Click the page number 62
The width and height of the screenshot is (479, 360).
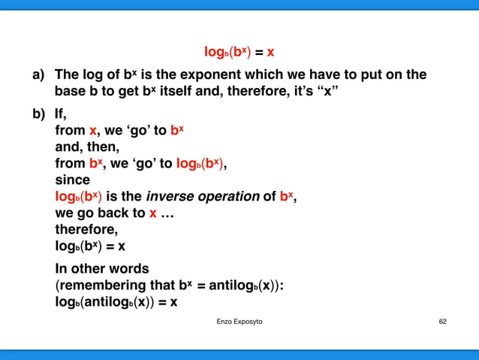[x=442, y=322]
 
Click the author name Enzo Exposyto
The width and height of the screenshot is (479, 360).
[x=239, y=322]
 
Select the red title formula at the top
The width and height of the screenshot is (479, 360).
[x=239, y=53]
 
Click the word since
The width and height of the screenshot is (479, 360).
[x=72, y=180]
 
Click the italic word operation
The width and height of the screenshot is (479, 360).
[x=228, y=197]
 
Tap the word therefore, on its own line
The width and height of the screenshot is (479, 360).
[x=86, y=230]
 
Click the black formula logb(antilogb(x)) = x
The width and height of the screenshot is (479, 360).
[x=116, y=302]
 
